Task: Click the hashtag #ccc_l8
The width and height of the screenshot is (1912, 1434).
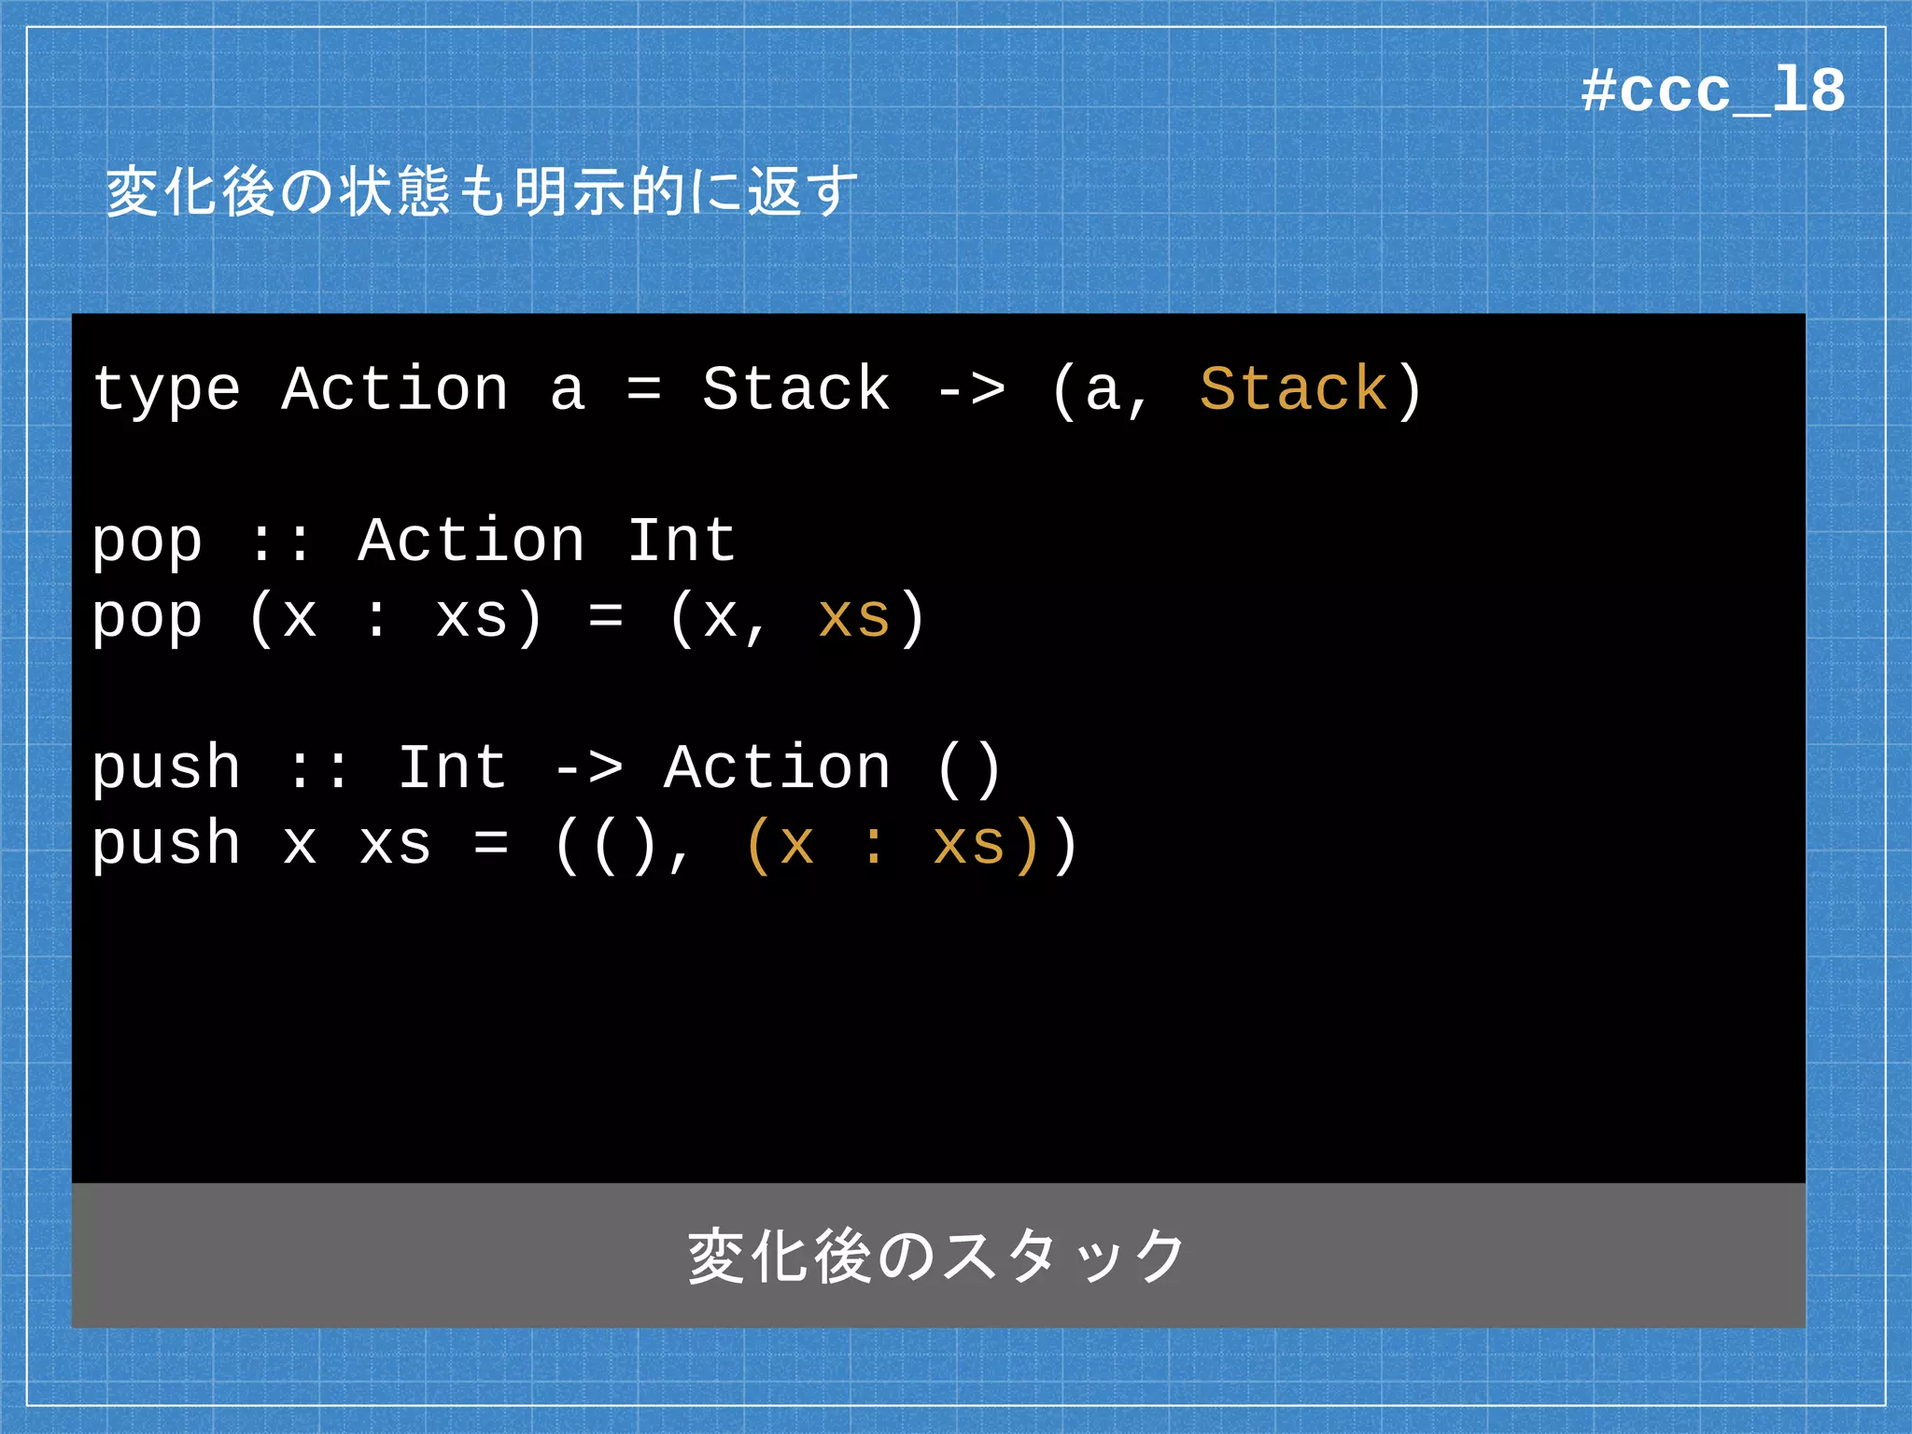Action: pos(1712,91)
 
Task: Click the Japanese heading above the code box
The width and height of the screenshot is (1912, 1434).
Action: pos(482,192)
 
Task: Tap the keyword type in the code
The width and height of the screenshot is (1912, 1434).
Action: pos(166,390)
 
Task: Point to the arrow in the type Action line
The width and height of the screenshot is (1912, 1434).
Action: pos(971,390)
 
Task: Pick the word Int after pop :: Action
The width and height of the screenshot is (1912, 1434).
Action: pos(682,541)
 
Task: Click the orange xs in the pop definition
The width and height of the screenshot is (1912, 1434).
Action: pos(854,617)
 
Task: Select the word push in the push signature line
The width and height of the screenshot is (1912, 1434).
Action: pos(166,769)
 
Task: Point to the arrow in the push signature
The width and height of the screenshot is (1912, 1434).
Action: pos(588,769)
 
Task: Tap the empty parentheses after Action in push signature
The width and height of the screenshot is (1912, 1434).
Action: pos(969,769)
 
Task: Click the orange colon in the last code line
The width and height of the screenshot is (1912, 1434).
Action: pos(874,846)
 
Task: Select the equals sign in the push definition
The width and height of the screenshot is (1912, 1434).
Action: pos(491,845)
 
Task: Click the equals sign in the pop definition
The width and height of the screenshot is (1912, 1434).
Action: pos(606,617)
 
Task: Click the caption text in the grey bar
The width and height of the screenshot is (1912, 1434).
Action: pos(937,1256)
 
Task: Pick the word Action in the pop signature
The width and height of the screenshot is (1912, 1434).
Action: pos(471,541)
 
